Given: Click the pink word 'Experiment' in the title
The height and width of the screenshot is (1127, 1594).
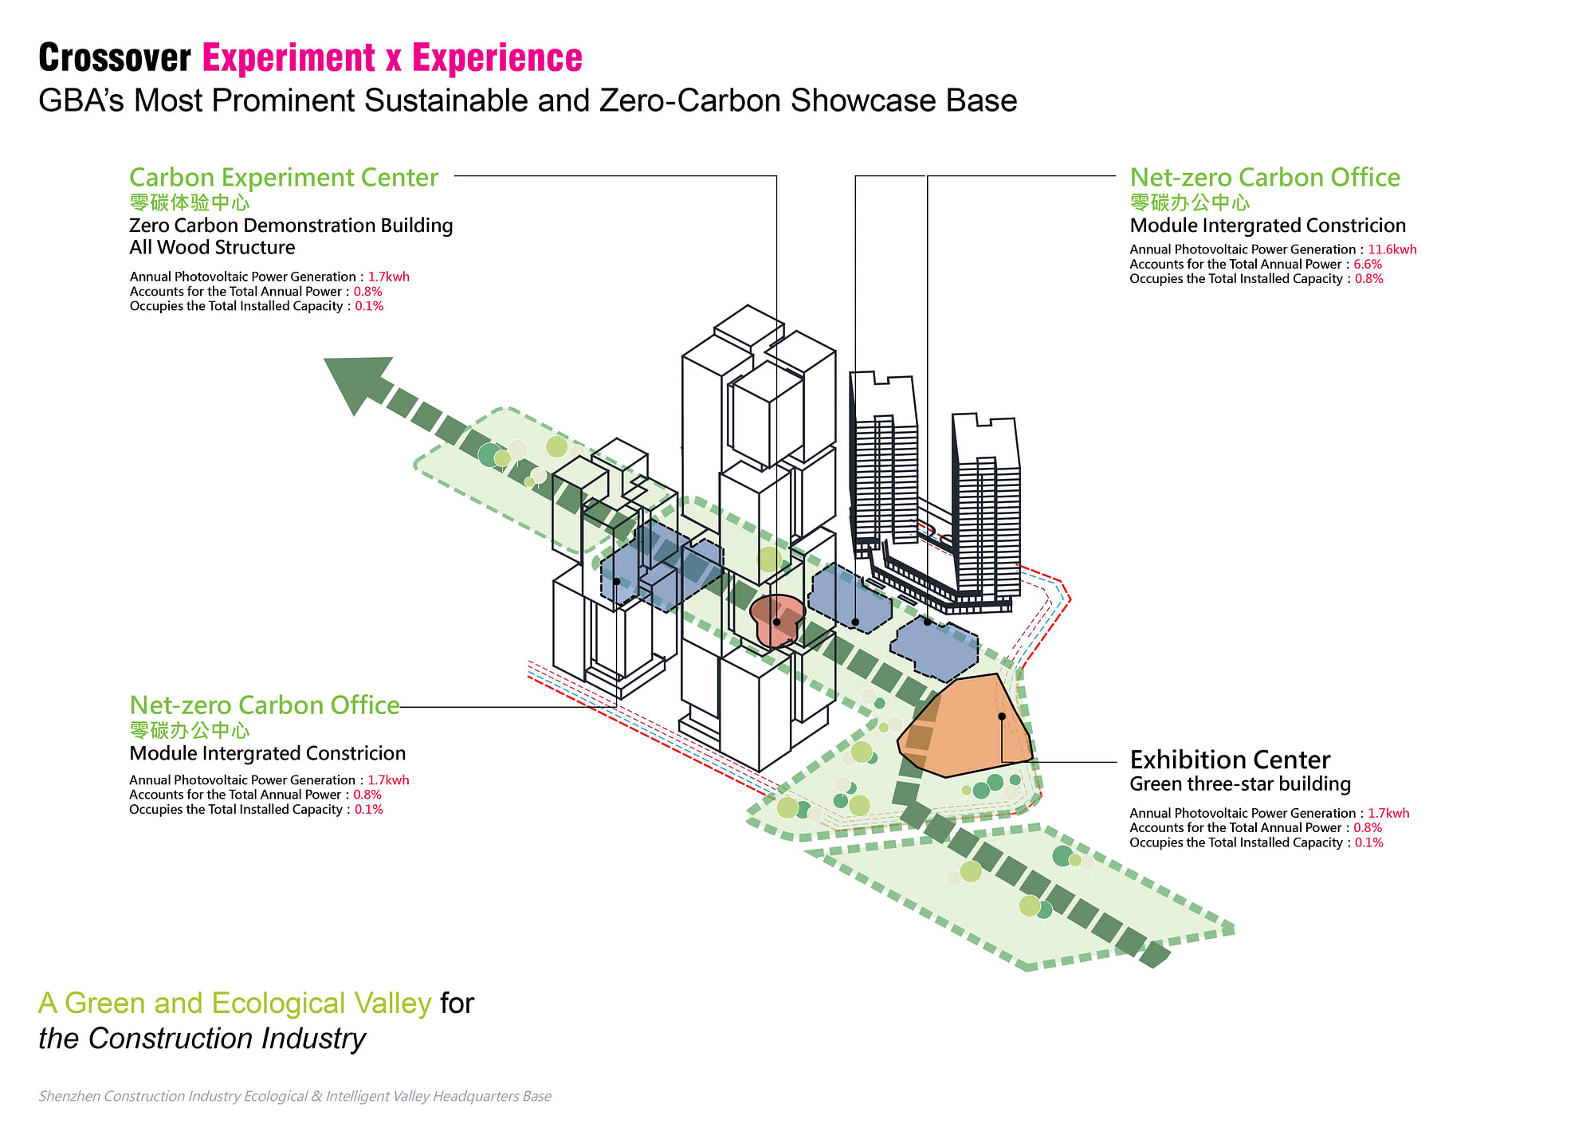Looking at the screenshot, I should (x=289, y=58).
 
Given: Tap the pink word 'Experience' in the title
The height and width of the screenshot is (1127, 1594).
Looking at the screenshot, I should (x=497, y=58).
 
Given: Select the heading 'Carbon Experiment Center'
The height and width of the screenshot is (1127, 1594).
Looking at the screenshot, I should (x=284, y=177).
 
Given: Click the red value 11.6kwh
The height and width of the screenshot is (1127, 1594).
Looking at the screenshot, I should (x=1392, y=249).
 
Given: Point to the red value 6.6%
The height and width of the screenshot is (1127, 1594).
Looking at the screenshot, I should (x=1368, y=264).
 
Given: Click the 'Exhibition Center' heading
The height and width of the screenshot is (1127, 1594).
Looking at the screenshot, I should (x=1230, y=760).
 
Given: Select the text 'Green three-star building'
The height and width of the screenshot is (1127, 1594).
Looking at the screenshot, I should (x=1240, y=784).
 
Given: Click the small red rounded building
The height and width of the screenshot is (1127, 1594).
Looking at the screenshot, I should (x=775, y=620).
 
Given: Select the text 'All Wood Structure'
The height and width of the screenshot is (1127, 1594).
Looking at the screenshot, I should (x=212, y=248).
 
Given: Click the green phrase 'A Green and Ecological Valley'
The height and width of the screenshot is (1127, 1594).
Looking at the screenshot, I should (x=234, y=1003).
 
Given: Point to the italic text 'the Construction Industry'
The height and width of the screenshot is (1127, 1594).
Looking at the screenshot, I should (x=202, y=1039).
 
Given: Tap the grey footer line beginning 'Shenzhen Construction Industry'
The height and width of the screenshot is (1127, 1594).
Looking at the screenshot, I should (x=295, y=1097).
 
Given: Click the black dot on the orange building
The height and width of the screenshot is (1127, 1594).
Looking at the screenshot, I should (x=1002, y=717).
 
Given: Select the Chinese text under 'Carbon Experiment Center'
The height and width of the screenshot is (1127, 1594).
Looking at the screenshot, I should (x=190, y=202).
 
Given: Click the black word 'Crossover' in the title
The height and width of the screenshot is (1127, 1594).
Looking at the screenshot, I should (x=115, y=58).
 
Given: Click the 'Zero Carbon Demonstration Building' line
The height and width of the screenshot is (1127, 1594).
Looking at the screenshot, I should (x=291, y=226).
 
